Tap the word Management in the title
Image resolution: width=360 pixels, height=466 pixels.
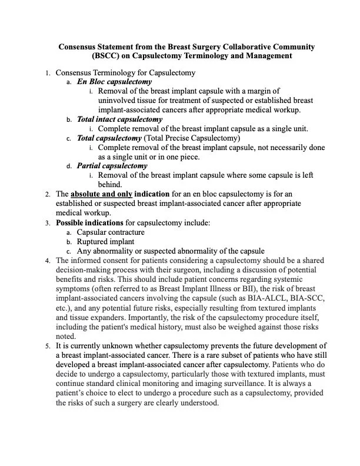262,56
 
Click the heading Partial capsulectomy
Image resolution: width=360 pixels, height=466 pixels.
112,165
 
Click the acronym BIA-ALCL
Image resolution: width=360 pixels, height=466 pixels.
271,298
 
